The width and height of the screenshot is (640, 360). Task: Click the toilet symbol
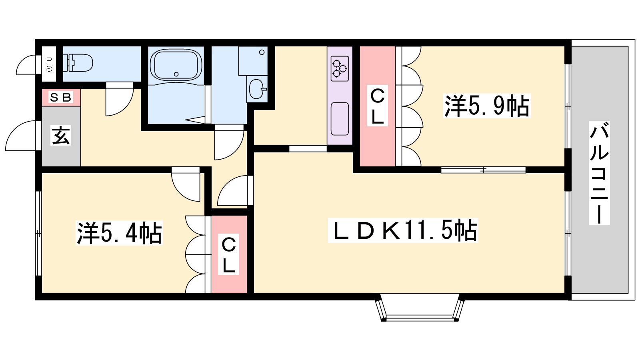tap(78, 63)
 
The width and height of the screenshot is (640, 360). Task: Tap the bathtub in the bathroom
tap(176, 64)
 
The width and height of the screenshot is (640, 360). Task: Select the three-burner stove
tap(340, 68)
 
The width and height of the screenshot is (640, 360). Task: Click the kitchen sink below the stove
tap(340, 118)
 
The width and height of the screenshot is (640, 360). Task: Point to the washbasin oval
tap(257, 89)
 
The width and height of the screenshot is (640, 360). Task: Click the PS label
tap(49, 64)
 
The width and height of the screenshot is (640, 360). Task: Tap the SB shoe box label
tap(60, 98)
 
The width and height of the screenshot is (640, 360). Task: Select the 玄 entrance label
tap(61, 136)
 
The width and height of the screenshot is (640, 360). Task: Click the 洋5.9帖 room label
tap(487, 106)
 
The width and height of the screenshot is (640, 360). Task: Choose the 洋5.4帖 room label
tap(120, 233)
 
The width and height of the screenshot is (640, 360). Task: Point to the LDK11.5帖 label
tap(403, 230)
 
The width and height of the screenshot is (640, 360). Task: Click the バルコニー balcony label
tap(599, 172)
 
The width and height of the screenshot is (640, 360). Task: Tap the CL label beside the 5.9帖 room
tap(378, 106)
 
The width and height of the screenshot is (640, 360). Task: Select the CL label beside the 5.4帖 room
tap(228, 254)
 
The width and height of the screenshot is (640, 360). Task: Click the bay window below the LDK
tap(420, 308)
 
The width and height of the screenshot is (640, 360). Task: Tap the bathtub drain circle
tap(176, 74)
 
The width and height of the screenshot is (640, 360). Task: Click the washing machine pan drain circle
tap(262, 52)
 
